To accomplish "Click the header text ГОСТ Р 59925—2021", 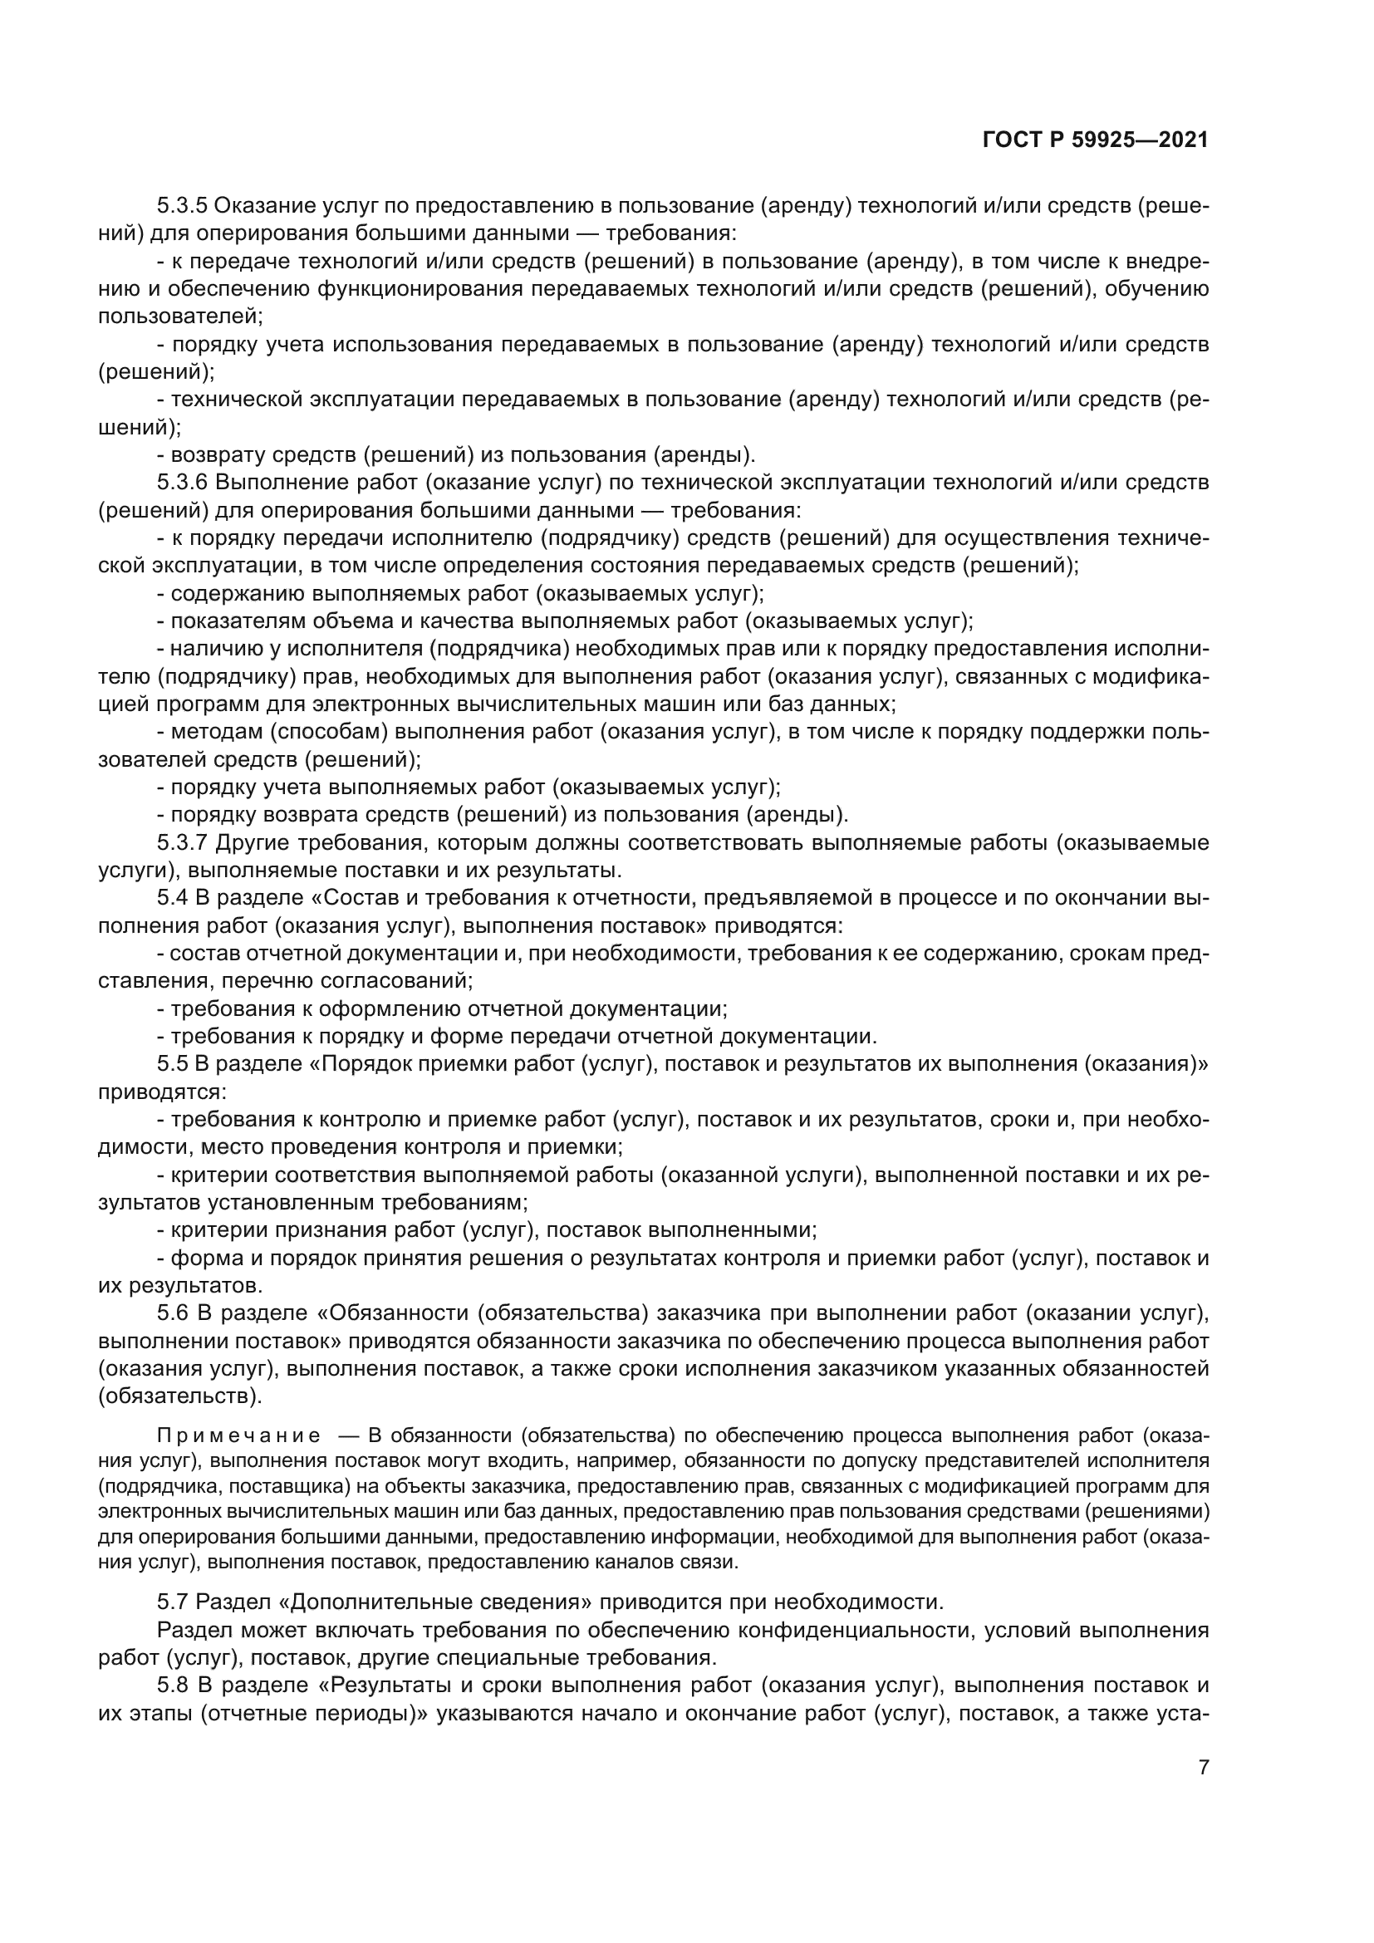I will coord(1096,140).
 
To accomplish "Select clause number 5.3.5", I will coord(181,206).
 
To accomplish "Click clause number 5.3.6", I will coord(181,483).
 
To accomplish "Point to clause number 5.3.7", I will coord(181,842).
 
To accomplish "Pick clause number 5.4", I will coord(174,898).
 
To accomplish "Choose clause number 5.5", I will coord(174,1064).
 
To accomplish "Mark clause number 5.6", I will coord(174,1313).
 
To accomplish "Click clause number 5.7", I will coord(174,1602).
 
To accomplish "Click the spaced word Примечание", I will coord(238,1435).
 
